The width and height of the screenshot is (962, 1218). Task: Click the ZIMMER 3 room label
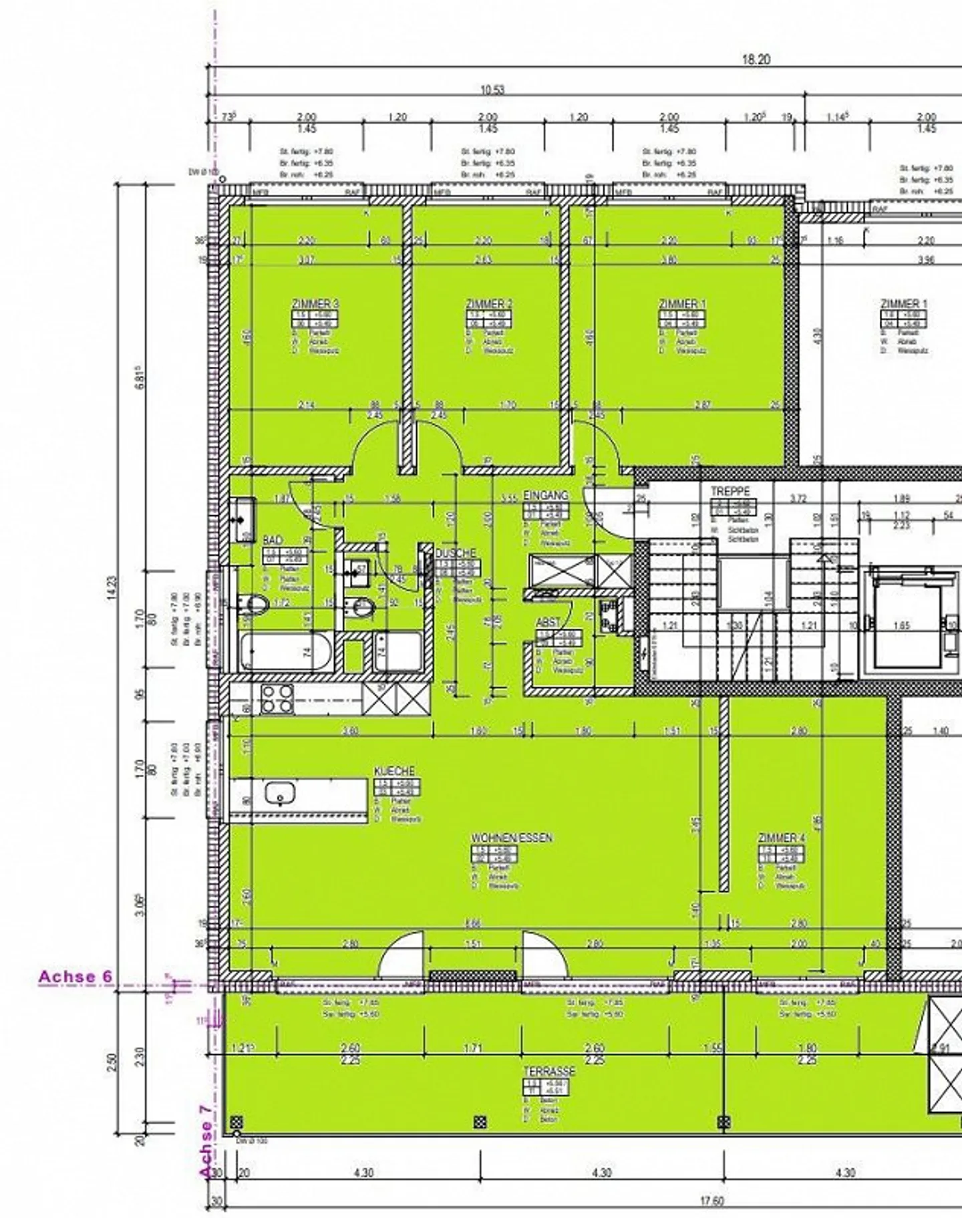pos(315,304)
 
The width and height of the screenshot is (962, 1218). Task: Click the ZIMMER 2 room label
pos(489,304)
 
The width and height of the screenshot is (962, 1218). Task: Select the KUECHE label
pos(395,771)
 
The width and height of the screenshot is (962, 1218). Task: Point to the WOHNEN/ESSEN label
pos(512,838)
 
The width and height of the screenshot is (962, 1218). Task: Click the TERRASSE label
pos(549,1071)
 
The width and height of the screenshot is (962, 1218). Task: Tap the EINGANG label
pos(546,495)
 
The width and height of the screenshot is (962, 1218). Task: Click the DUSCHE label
pos(456,553)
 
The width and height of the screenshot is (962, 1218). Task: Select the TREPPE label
pos(730,491)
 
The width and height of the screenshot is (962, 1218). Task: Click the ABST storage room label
pos(548,622)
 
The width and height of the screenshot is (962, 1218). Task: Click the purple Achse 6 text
pos(75,976)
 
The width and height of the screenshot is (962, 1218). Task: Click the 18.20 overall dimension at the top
pos(756,59)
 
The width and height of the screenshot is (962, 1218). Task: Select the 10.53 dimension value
pos(492,90)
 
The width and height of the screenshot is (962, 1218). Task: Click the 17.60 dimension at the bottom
pos(711,1201)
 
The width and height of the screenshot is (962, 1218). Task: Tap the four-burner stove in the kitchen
pos(277,699)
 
